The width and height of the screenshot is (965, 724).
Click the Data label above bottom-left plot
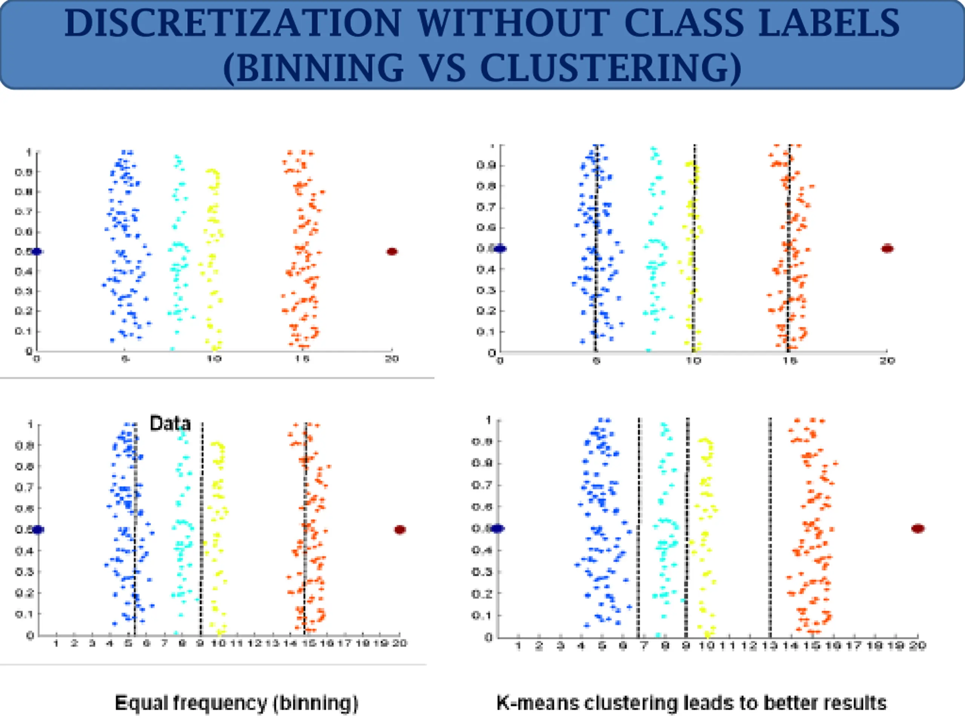[170, 423]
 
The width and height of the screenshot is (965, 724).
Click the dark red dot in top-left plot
[392, 252]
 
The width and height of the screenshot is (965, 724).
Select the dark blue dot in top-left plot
[36, 252]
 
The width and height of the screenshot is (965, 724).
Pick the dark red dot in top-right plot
[887, 249]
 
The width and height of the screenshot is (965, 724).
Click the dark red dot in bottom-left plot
[400, 530]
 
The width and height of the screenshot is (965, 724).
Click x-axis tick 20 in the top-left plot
[392, 359]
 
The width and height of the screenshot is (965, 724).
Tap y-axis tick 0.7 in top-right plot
[485, 206]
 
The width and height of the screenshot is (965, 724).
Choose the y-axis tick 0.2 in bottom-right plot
[482, 594]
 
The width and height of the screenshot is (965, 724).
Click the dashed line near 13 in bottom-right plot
[770, 524]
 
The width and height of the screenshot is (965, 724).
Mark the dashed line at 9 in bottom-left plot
[202, 524]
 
